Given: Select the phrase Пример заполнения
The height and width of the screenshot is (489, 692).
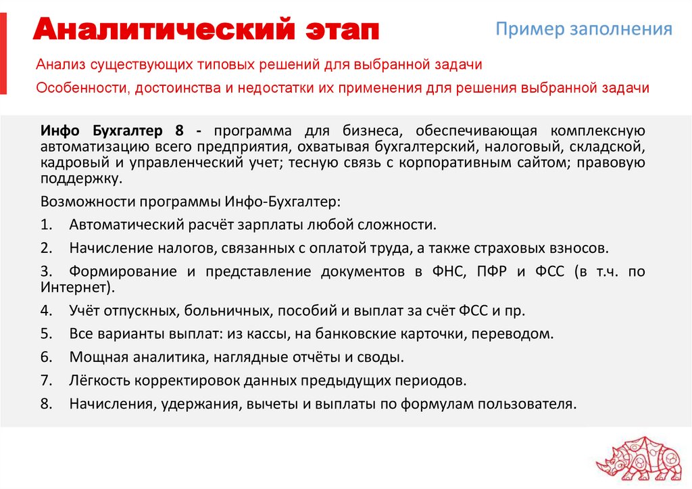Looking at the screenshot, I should tap(584, 29).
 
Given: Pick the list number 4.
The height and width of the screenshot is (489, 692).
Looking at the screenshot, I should tap(46, 311).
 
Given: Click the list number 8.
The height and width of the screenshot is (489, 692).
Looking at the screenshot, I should tap(46, 404).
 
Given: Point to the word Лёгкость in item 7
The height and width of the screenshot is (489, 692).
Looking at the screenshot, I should tap(99, 380).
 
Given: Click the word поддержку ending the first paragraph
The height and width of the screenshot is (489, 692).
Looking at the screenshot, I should tap(81, 178).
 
